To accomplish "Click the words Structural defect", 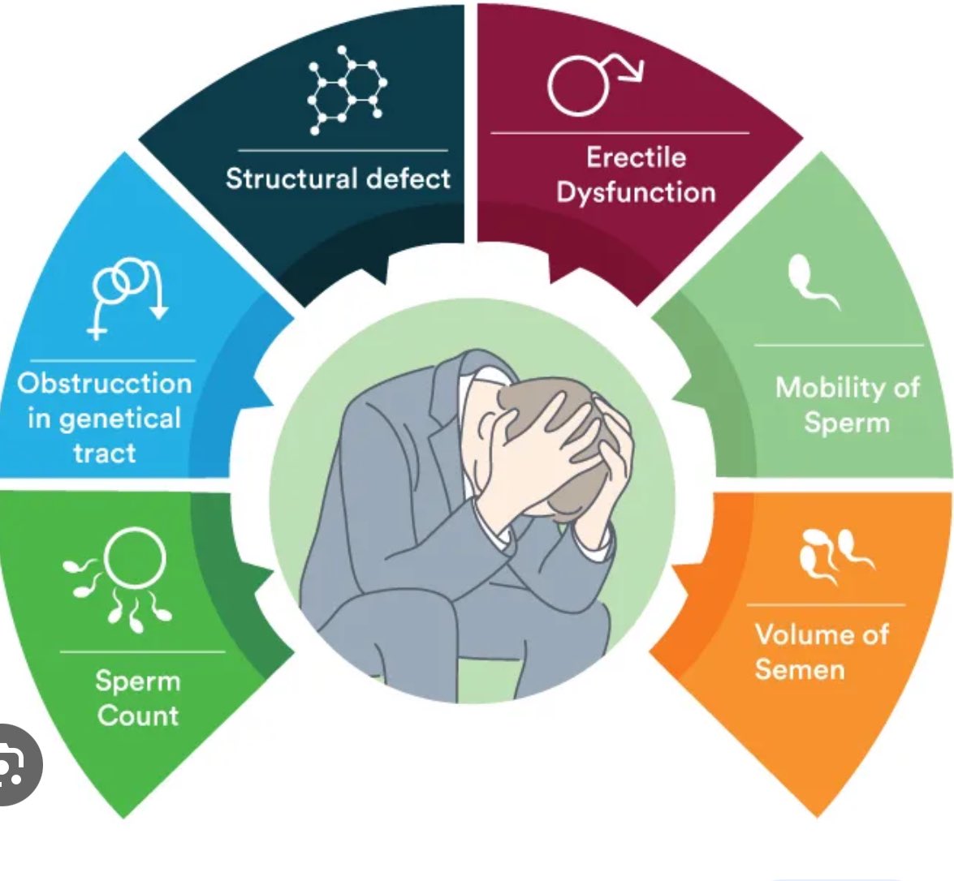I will (338, 178).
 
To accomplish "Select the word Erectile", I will (636, 157).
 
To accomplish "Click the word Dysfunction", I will (636, 192).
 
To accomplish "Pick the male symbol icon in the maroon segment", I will (593, 82).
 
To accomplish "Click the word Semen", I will (799, 669).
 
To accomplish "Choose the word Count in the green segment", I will (138, 716).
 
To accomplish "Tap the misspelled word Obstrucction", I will (105, 383).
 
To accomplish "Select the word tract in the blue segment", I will (105, 453).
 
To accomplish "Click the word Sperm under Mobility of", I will (846, 423).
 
